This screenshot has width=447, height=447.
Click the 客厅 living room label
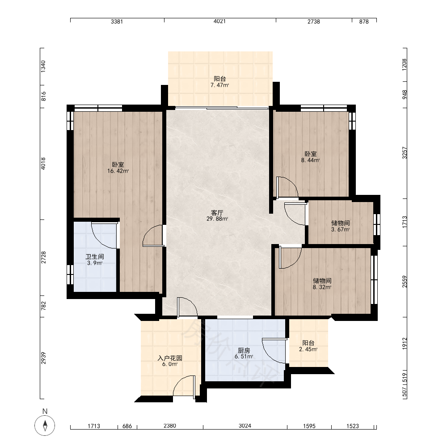coord(217,213)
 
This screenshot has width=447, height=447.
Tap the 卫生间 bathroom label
coord(95,257)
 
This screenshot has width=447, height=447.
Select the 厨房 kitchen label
coord(244,350)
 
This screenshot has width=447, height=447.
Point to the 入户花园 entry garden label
coord(170,358)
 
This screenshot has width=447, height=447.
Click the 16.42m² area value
coord(118,171)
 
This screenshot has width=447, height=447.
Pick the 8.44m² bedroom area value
coord(311,160)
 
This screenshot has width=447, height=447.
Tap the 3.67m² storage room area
coord(340,229)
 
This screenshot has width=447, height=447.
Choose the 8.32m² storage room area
coord(322,287)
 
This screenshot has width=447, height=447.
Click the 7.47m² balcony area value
coord(220,85)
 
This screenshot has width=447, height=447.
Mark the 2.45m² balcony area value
coord(308,349)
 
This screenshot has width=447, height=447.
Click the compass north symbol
coord(45,426)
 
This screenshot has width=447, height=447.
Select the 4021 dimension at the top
coord(219,21)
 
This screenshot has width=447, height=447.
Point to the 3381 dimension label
coord(117,21)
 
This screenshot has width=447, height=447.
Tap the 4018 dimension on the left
coord(43,164)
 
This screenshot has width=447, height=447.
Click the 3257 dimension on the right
coord(405,153)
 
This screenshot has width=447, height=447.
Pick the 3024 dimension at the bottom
coord(245,426)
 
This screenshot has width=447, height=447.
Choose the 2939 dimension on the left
coord(43,358)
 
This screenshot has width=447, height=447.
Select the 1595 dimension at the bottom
coord(309,426)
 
